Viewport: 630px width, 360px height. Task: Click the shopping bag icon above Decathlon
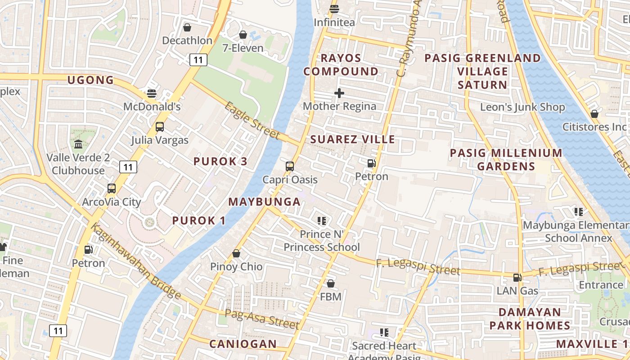pyautogui.click(x=187, y=27)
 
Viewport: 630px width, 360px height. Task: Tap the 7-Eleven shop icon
pyautogui.click(x=243, y=35)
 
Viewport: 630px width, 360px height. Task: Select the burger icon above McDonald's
pyautogui.click(x=152, y=94)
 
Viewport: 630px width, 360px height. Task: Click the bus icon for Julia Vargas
pyautogui.click(x=160, y=127)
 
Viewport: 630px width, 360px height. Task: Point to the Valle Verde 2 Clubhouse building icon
pyautogui.click(x=78, y=145)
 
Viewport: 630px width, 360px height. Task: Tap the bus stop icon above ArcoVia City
pyautogui.click(x=112, y=189)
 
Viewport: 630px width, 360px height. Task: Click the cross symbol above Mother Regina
pyautogui.click(x=339, y=93)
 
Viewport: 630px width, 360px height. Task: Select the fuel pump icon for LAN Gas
pyautogui.click(x=517, y=278)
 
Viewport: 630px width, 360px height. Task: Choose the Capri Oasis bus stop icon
pyautogui.click(x=290, y=166)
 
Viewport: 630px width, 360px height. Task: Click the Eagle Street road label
pyautogui.click(x=252, y=120)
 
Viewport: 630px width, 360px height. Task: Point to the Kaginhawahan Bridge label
pyautogui.click(x=136, y=261)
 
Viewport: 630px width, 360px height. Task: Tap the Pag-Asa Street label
pyautogui.click(x=262, y=319)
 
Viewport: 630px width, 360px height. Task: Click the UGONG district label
pyautogui.click(x=90, y=81)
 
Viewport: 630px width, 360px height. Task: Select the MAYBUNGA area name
pyautogui.click(x=264, y=202)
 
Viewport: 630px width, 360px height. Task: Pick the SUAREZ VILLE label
pyautogui.click(x=353, y=139)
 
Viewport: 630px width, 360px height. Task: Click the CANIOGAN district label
pyautogui.click(x=243, y=344)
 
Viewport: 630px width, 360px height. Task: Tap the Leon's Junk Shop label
pyautogui.click(x=522, y=107)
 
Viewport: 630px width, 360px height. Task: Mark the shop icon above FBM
pyautogui.click(x=331, y=283)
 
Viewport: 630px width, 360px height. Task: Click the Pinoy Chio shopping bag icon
pyautogui.click(x=236, y=254)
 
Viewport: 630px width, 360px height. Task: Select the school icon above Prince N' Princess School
pyautogui.click(x=321, y=220)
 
